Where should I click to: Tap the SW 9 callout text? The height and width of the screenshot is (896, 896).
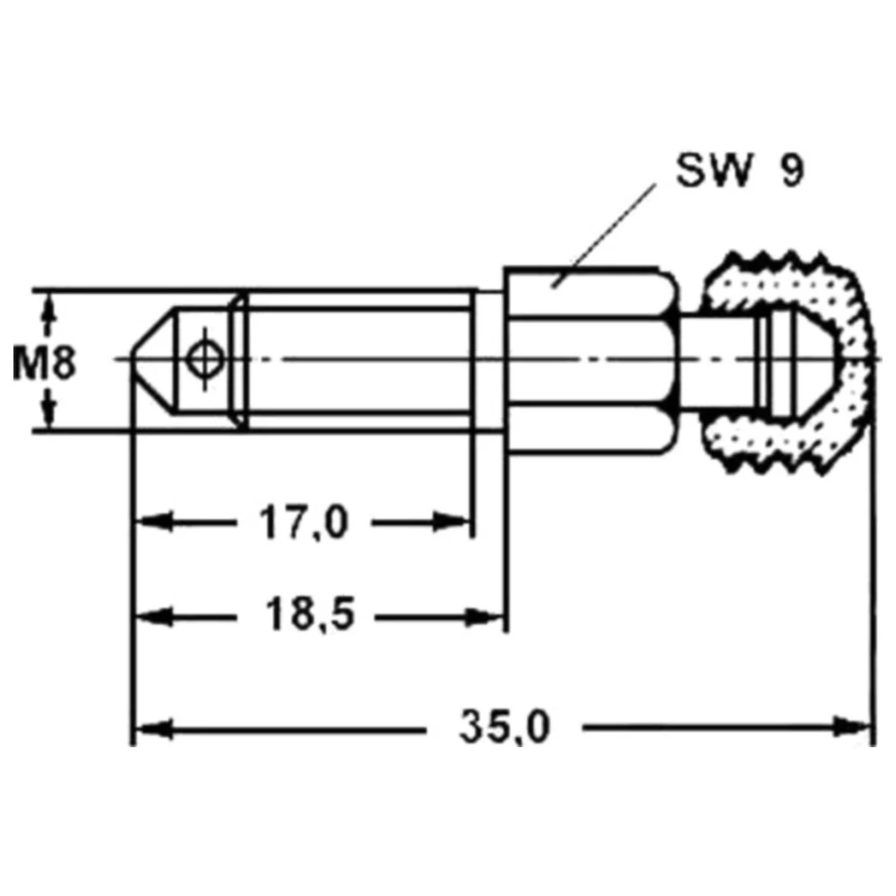pyautogui.click(x=740, y=169)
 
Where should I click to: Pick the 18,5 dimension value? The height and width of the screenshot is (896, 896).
pyautogui.click(x=309, y=615)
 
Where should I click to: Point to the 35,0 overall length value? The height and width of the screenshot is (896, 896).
pyautogui.click(x=504, y=727)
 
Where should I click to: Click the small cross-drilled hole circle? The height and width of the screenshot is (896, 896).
pyautogui.click(x=204, y=359)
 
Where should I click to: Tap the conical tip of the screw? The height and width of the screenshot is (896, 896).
pyautogui.click(x=152, y=359)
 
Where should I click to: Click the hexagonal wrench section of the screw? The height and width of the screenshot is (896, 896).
pyautogui.click(x=591, y=360)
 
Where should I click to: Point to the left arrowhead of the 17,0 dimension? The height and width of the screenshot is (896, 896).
pyautogui.click(x=153, y=522)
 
